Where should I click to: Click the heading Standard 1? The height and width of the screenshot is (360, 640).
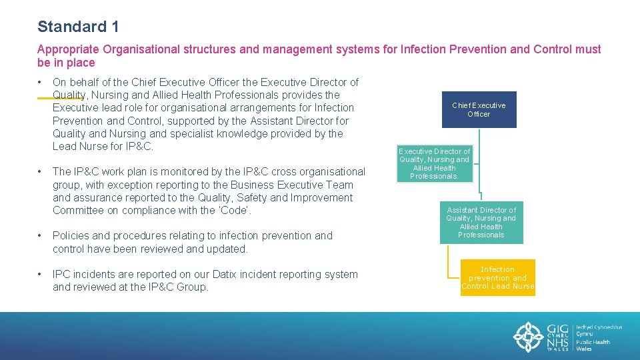click(x=78, y=27)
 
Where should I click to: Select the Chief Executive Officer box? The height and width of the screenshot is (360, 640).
click(x=479, y=109)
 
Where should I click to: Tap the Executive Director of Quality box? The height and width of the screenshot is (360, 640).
click(x=435, y=164)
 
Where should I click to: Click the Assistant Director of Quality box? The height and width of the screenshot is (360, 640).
click(x=481, y=223)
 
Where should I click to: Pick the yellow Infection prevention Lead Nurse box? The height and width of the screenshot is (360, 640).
click(x=497, y=278)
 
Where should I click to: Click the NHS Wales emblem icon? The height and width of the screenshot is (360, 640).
click(x=529, y=337)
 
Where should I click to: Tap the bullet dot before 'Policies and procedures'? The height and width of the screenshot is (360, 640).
click(x=41, y=236)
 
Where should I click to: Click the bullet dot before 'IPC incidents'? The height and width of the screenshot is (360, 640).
click(x=41, y=275)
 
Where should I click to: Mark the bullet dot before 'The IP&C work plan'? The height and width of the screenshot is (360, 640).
click(x=41, y=172)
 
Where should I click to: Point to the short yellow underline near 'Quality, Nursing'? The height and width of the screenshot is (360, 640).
click(x=60, y=98)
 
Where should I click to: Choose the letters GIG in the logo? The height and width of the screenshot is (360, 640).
click(x=557, y=329)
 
